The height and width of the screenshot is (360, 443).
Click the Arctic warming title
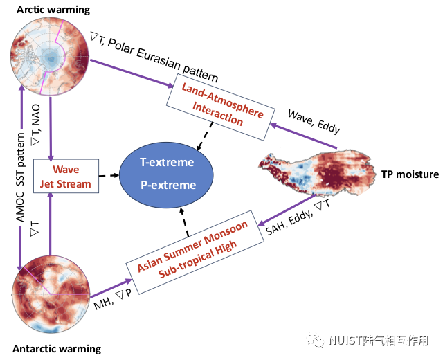point(53,10)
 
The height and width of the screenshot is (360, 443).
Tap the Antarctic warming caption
point(57,349)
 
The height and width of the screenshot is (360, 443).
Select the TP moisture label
point(410,174)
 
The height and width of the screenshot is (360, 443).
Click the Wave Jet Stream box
point(66,176)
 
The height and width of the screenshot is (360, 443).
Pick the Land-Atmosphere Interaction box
point(221,107)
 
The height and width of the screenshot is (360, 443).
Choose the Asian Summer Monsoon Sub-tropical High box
point(195,252)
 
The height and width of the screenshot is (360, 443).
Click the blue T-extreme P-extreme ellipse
point(166,175)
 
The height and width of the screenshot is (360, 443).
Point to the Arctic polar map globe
point(50,57)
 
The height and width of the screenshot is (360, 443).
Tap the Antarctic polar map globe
point(51,294)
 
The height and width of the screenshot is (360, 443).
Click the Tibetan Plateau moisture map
point(317,173)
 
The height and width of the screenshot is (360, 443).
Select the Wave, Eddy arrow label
point(314,122)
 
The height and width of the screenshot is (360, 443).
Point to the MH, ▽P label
point(113,299)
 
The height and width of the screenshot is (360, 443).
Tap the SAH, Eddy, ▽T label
point(298,217)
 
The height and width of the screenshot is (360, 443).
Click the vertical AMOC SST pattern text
point(20,177)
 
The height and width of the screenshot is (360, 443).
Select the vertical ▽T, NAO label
point(36,125)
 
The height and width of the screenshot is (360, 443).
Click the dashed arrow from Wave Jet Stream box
point(109,175)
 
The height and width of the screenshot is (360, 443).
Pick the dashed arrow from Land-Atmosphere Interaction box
point(205,136)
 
